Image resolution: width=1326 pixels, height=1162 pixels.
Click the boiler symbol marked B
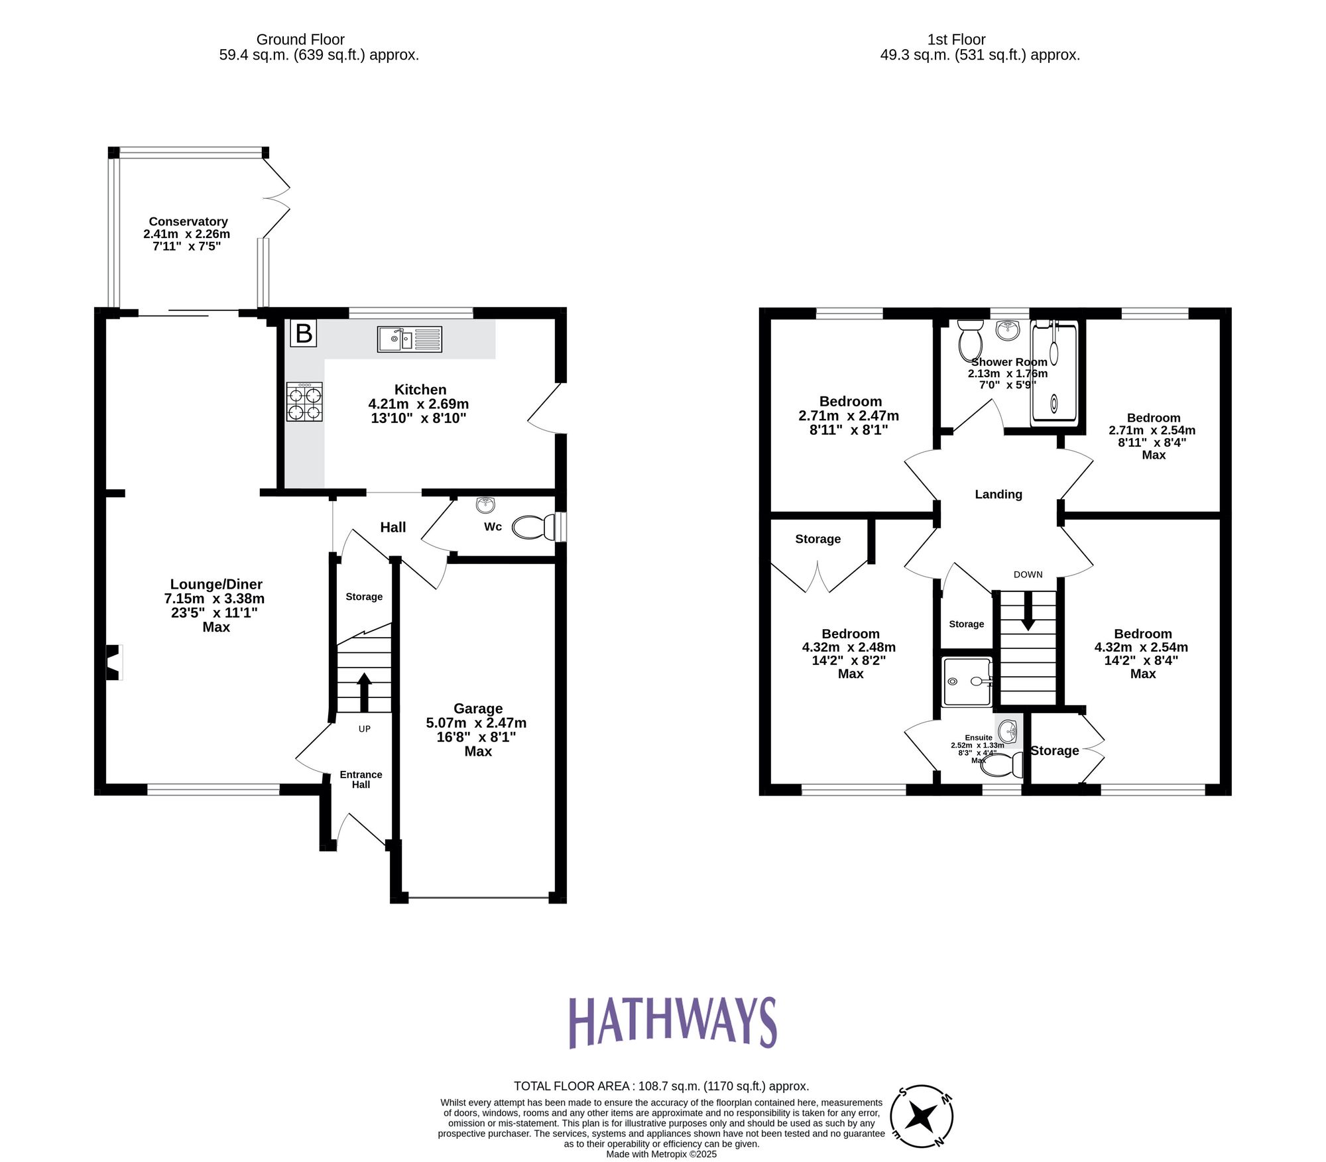click(304, 333)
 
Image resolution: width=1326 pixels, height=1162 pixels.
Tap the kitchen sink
click(409, 339)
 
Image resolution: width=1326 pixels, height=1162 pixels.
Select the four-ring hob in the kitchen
click(304, 402)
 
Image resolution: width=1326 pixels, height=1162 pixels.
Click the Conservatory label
click(188, 221)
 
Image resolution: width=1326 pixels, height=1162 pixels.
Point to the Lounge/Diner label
click(216, 584)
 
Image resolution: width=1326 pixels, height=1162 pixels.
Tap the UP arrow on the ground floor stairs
click(364, 691)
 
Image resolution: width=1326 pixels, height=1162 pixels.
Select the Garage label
click(477, 709)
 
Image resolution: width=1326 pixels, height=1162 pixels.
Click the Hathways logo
click(672, 1022)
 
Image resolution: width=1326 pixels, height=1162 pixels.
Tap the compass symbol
click(921, 1117)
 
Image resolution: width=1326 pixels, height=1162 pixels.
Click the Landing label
click(998, 494)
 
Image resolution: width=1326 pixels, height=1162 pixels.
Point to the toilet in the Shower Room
click(971, 339)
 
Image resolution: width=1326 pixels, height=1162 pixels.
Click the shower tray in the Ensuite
click(967, 681)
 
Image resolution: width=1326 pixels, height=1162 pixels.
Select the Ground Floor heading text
click(300, 40)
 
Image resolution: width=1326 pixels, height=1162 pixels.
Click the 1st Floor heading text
click(956, 40)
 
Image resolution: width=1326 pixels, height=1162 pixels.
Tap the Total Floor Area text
click(661, 1086)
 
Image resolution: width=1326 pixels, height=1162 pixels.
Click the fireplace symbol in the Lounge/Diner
click(114, 662)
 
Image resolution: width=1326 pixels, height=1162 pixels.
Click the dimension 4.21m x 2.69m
click(418, 404)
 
